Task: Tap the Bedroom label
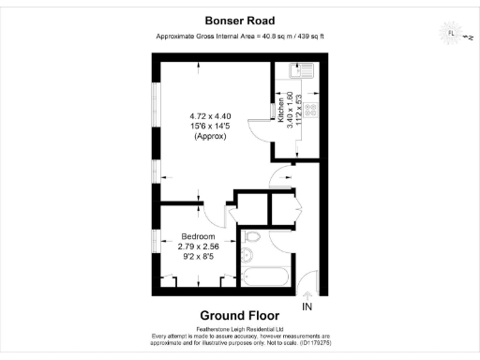coord(198,235)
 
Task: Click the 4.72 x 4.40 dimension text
coord(211,116)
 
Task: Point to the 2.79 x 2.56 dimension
coord(198,246)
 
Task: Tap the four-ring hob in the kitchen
coord(307,106)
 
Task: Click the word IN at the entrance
coord(307,307)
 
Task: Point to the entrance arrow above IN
coord(307,295)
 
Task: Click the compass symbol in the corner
coord(451,35)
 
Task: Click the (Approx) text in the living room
coord(211,137)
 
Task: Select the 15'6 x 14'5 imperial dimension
coord(211,127)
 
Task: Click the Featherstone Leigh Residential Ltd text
coord(239,328)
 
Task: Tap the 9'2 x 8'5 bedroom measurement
coord(198,256)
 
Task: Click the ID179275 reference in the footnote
coord(307,343)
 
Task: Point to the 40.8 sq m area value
coord(272,37)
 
